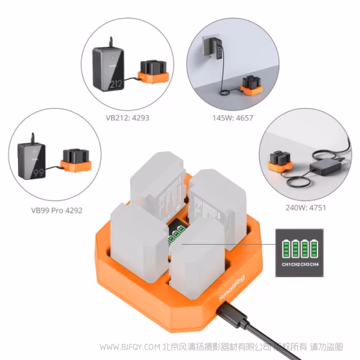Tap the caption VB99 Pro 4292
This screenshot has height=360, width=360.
[x=57, y=210]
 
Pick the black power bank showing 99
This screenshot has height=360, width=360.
[x=32, y=161]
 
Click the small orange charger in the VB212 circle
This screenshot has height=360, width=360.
[x=152, y=71]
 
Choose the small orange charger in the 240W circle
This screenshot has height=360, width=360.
[x=280, y=161]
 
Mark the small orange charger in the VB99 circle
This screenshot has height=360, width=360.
[x=76, y=161]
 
